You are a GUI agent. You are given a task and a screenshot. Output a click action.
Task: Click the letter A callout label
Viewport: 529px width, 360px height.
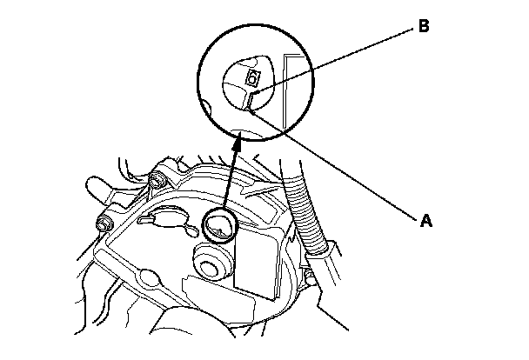426,221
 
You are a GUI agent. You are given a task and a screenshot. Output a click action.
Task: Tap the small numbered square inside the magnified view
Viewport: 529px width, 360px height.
252,79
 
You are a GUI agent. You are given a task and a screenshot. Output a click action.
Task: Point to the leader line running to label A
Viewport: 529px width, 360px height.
339,165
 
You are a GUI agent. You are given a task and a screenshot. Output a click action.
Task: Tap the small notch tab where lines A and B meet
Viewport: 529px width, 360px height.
249,103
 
